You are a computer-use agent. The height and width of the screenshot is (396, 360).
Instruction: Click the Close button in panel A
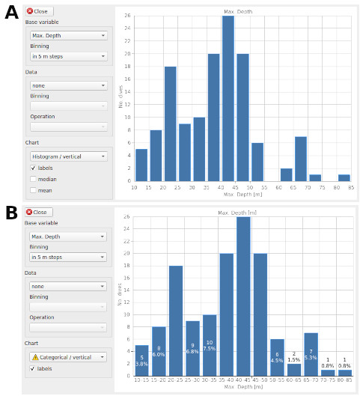pyautogui.click(x=38, y=11)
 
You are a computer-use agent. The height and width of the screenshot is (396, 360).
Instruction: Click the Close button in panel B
pyautogui.click(x=38, y=212)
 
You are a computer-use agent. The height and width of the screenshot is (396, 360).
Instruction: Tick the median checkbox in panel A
pyautogui.click(x=33, y=179)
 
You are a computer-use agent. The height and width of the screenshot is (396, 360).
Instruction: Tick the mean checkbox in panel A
pyautogui.click(x=33, y=190)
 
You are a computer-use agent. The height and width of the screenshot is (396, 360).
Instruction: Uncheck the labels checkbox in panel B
pyautogui.click(x=33, y=368)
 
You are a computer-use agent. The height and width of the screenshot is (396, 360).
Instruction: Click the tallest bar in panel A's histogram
pyautogui.click(x=228, y=98)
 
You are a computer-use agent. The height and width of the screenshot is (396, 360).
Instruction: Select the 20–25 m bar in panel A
pyautogui.click(x=170, y=124)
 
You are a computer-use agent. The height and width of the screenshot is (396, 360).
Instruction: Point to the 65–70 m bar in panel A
pyautogui.click(x=301, y=158)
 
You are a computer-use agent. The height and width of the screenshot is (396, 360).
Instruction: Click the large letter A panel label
pyautogui.click(x=11, y=13)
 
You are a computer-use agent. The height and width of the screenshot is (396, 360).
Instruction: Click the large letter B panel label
pyautogui.click(x=11, y=213)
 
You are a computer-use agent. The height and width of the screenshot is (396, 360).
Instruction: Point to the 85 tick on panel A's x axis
pyautogui.click(x=350, y=187)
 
